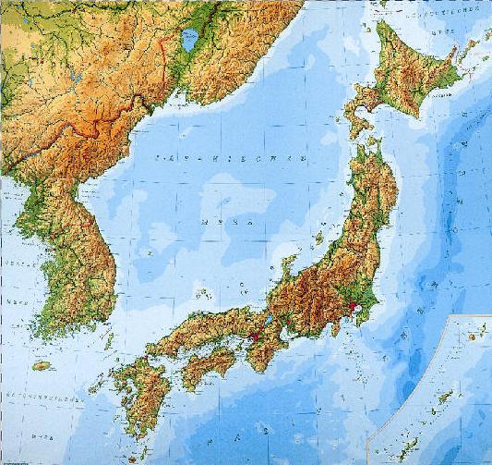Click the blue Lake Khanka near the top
(190, 40)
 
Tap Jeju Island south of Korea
(41, 366)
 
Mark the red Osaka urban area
(253, 337)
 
